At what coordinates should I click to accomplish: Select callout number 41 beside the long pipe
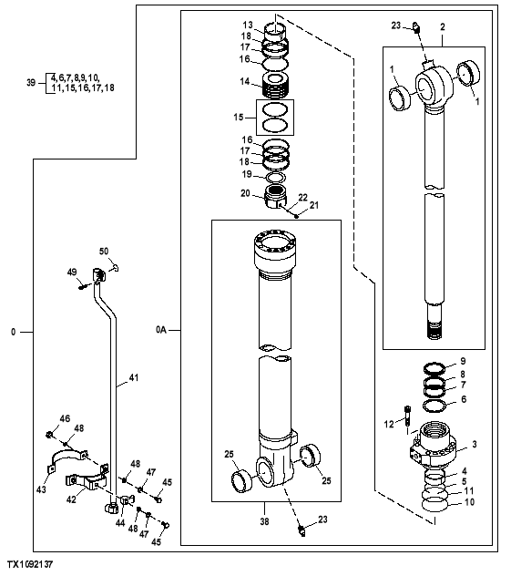click(133, 376)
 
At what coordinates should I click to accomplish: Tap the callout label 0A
click(161, 329)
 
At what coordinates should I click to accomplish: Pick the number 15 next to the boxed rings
click(240, 118)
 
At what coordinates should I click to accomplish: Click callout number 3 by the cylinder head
click(474, 445)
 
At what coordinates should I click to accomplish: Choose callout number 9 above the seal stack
click(462, 363)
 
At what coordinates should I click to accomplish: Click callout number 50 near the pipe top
click(104, 251)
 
